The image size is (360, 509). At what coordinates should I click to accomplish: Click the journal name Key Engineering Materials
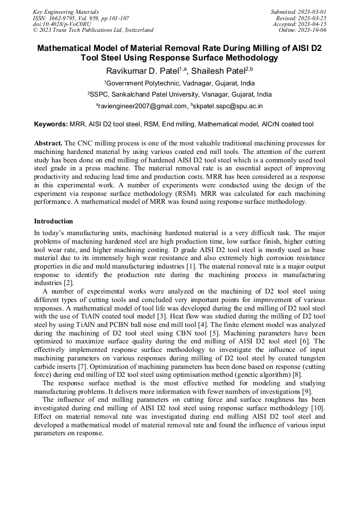coord(66,12)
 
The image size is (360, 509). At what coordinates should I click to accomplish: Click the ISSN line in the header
coord(80,18)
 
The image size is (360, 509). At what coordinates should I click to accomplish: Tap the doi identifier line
coord(62,24)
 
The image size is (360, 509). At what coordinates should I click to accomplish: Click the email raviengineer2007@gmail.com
coord(142,106)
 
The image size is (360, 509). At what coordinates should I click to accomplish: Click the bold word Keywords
coord(50,124)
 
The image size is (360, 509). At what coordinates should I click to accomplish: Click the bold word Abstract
coord(48,144)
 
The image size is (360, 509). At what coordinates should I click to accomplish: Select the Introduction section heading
coord(53,221)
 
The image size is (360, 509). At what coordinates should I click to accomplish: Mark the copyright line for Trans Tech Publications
coord(93,30)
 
